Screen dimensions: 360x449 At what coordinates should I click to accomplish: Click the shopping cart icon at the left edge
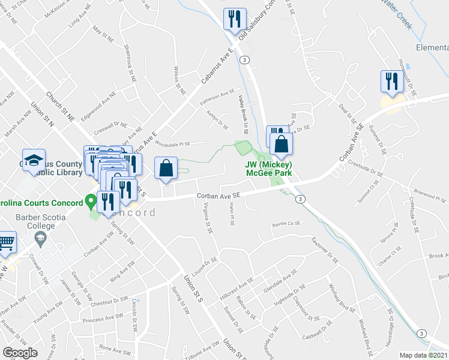7,242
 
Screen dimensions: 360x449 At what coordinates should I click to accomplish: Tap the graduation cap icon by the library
34,160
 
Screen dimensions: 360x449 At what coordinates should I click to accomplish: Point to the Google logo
20,352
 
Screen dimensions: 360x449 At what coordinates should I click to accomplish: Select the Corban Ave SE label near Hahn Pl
218,195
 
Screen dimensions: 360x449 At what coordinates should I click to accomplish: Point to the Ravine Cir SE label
286,223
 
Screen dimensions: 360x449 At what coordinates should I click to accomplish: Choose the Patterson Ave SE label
218,95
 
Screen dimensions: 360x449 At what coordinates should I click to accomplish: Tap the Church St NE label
59,107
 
